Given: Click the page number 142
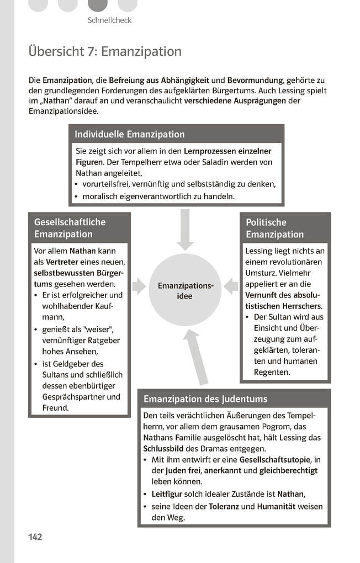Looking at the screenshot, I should coord(35,537).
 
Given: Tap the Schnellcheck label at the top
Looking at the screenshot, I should coord(109,20).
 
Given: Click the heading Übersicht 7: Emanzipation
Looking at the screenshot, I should coord(105,52).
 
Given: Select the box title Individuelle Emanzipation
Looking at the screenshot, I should coord(130,134).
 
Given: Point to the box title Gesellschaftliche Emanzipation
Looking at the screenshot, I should coord(70,228).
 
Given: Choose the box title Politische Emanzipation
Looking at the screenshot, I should coord(275,228).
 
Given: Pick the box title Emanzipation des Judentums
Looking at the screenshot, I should coord(205,399).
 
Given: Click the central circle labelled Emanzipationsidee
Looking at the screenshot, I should coord(186,290).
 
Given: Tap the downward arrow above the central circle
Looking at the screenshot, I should coord(185,229).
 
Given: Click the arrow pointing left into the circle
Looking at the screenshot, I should coord(231,286).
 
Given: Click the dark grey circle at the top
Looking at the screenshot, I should coord(98,5).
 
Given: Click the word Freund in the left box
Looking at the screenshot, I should coord(55,408).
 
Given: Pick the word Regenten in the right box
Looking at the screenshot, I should coord(272,373).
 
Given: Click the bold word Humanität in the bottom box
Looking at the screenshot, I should coord(274,506).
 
